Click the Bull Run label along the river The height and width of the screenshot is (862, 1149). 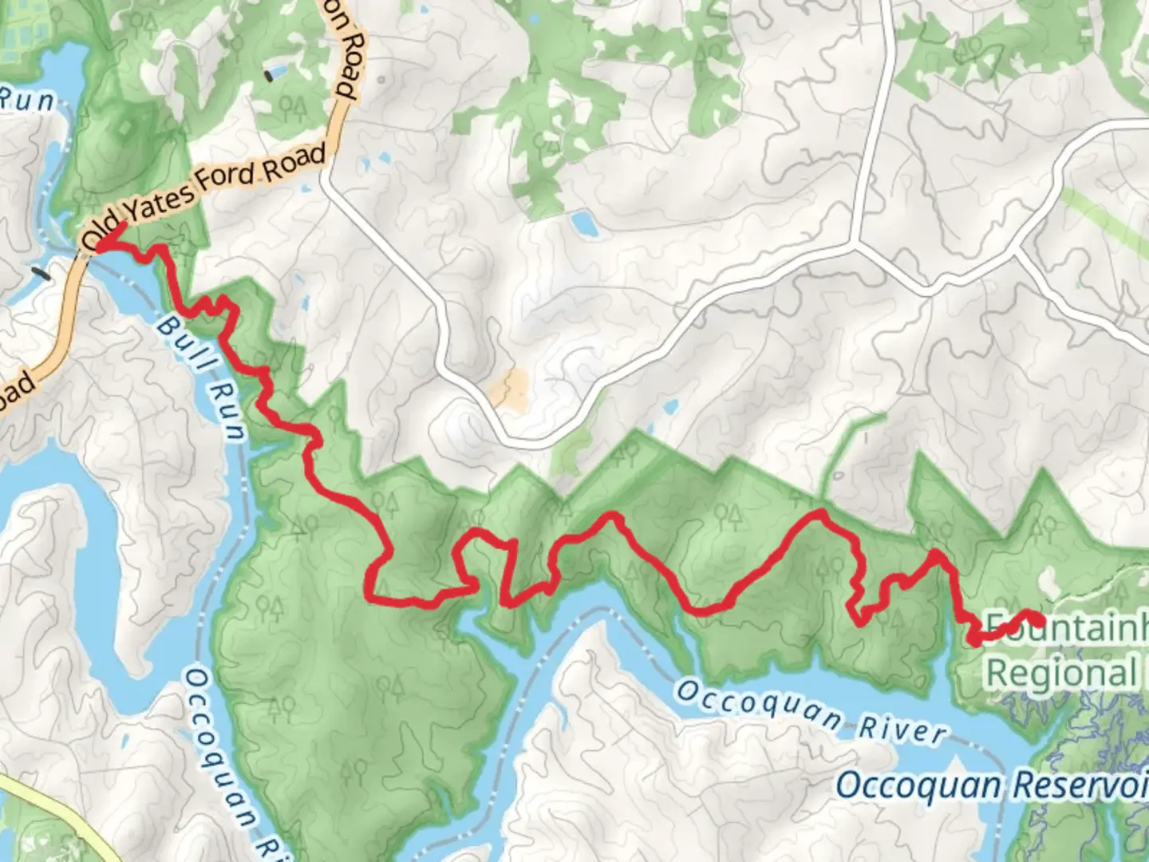tap(199, 374)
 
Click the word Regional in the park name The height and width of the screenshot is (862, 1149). tap(1061, 673)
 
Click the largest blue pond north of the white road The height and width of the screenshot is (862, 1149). tap(583, 223)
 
